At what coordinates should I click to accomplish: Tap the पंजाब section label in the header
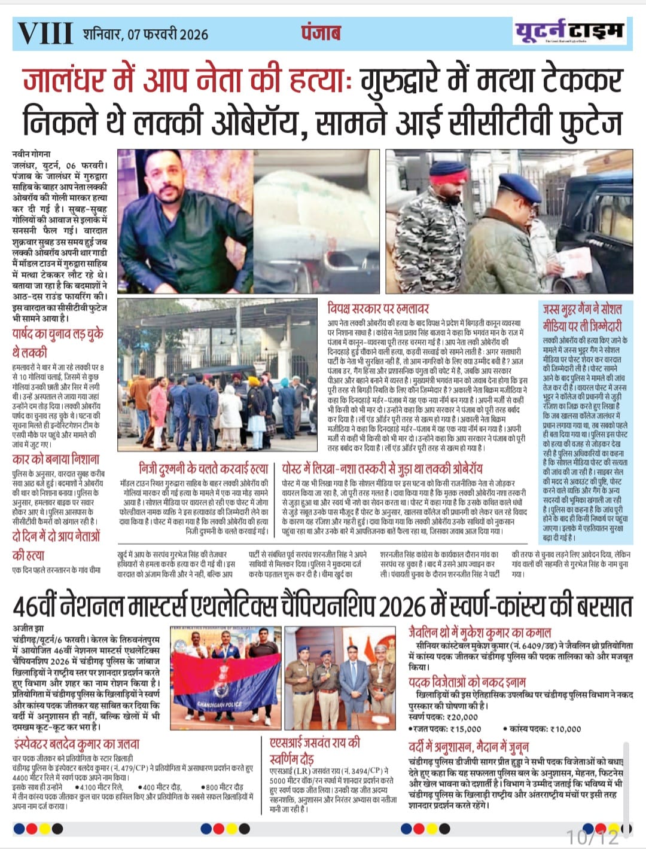[x=320, y=32]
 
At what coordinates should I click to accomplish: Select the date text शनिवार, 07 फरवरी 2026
[x=145, y=33]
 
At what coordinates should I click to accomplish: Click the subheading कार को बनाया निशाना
[x=56, y=459]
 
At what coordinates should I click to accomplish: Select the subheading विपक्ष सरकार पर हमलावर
[x=378, y=309]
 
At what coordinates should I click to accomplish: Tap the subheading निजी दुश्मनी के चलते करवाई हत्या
[x=203, y=469]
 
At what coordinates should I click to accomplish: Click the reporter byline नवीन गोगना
[x=31, y=154]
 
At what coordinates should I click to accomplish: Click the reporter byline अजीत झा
[x=27, y=629]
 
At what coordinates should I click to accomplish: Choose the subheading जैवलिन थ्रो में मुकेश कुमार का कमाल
[x=480, y=632]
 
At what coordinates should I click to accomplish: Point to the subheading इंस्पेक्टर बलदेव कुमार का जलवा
[x=76, y=744]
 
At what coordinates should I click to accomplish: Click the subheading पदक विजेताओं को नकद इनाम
[x=467, y=682]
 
